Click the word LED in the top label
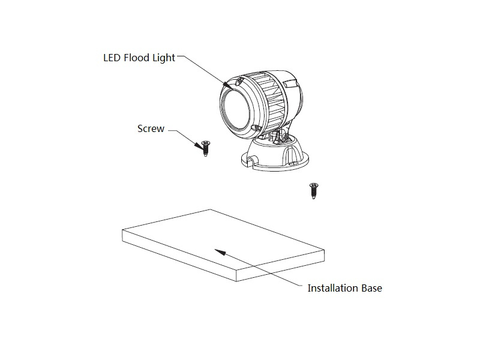[112, 58]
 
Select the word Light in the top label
[164, 58]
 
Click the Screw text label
[151, 128]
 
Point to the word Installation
[333, 288]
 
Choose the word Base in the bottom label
[371, 288]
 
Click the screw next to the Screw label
[206, 148]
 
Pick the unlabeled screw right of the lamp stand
[313, 191]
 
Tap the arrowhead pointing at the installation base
[220, 252]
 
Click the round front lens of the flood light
[236, 110]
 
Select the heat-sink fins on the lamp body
[269, 98]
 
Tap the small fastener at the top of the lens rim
[239, 82]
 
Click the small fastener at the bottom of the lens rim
[254, 128]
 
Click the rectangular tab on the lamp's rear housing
[290, 83]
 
